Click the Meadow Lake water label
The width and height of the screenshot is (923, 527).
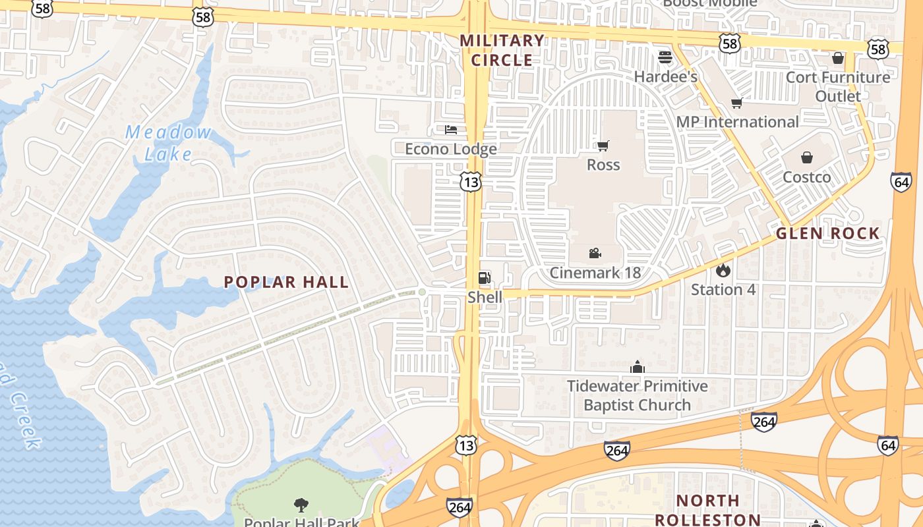[x=168, y=143]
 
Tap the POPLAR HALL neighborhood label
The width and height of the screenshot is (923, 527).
[x=286, y=282]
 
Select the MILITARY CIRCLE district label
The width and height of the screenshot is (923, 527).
[x=502, y=50]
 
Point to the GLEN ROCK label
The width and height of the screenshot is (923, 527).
[x=827, y=233]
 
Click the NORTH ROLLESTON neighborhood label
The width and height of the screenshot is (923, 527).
[x=707, y=510]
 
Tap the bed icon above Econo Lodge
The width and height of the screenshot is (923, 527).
[x=451, y=129]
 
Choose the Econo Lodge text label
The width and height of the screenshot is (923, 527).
[x=451, y=150]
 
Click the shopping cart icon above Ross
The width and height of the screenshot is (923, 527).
[x=603, y=146]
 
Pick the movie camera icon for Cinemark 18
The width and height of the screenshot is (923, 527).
[x=595, y=253]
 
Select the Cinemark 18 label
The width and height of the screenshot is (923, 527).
[x=595, y=273]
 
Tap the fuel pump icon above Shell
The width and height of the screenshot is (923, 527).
[x=485, y=278]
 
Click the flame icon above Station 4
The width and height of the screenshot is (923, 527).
[x=723, y=270]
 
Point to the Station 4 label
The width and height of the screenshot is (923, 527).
[x=723, y=289]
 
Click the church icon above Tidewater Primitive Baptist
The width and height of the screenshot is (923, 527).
[x=638, y=366]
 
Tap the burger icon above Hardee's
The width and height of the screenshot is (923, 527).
[x=665, y=57]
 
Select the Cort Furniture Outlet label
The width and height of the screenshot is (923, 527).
[x=838, y=86]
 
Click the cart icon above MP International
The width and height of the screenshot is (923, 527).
[x=737, y=103]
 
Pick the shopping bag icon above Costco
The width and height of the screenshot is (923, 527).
[x=807, y=157]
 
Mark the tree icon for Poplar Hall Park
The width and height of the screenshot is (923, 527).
[x=301, y=505]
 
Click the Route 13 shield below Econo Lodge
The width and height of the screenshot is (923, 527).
[x=471, y=182]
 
